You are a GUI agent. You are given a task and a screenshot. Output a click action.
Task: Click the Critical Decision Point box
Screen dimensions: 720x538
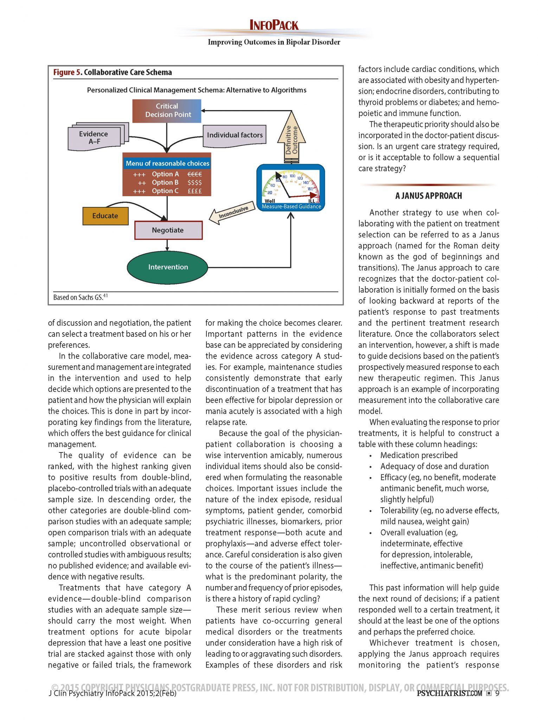(167, 111)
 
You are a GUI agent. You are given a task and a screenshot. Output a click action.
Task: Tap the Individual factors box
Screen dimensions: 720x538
(235, 135)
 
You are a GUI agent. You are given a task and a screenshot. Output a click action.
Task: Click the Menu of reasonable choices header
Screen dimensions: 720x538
(167, 163)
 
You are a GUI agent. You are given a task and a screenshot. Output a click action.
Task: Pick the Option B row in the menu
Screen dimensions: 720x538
(165, 182)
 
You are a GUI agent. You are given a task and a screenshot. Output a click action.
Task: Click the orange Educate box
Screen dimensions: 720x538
(105, 216)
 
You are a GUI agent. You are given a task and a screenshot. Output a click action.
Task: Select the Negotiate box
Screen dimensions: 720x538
(168, 230)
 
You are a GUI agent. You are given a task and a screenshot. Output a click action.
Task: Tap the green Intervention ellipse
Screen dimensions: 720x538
(168, 267)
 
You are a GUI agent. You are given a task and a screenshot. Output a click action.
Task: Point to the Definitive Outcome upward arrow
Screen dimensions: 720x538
(292, 137)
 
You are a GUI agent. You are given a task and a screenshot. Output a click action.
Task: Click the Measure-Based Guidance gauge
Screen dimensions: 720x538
(291, 187)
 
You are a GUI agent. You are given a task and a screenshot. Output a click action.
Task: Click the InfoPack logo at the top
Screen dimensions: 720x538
(274, 25)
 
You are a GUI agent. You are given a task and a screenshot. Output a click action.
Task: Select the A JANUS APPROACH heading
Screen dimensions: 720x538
(428, 196)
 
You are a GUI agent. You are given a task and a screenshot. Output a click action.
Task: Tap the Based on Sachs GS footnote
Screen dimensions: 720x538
(81, 297)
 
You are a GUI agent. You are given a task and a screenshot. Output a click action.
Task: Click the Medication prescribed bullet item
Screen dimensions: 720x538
(419, 455)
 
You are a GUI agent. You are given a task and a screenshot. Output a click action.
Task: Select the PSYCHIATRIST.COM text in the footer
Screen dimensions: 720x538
(449, 694)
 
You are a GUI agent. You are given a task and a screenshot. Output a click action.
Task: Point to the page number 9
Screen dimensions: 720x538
(497, 694)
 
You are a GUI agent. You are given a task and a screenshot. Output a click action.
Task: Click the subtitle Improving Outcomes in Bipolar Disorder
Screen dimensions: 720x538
(274, 42)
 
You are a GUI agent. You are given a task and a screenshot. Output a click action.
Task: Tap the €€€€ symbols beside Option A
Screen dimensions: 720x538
(194, 174)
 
